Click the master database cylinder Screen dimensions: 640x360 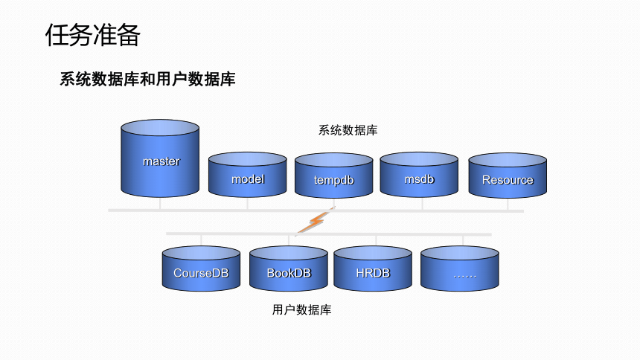click(160, 158)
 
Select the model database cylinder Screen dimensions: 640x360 click(247, 175)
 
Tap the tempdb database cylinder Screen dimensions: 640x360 click(334, 176)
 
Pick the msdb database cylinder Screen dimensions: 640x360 click(419, 175)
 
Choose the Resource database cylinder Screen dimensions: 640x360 click(508, 176)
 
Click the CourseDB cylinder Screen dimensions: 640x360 click(201, 269)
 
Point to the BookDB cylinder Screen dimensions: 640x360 click(289, 269)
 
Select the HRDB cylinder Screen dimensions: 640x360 click(373, 269)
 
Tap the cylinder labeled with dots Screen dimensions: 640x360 click(460, 269)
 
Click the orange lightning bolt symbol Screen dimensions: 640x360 click(315, 222)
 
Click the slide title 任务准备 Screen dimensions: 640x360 click(93, 35)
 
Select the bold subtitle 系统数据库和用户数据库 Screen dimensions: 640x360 click(148, 79)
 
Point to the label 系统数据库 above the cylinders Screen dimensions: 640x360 click(348, 130)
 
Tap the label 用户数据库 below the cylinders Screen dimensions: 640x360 click(301, 310)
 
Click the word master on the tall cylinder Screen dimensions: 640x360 click(161, 161)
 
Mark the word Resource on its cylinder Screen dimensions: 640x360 click(508, 180)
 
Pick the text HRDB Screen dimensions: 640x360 click(373, 273)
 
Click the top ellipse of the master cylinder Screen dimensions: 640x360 click(160, 128)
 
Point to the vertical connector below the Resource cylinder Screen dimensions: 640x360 click(508, 204)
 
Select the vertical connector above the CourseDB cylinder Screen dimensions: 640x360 click(201, 240)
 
